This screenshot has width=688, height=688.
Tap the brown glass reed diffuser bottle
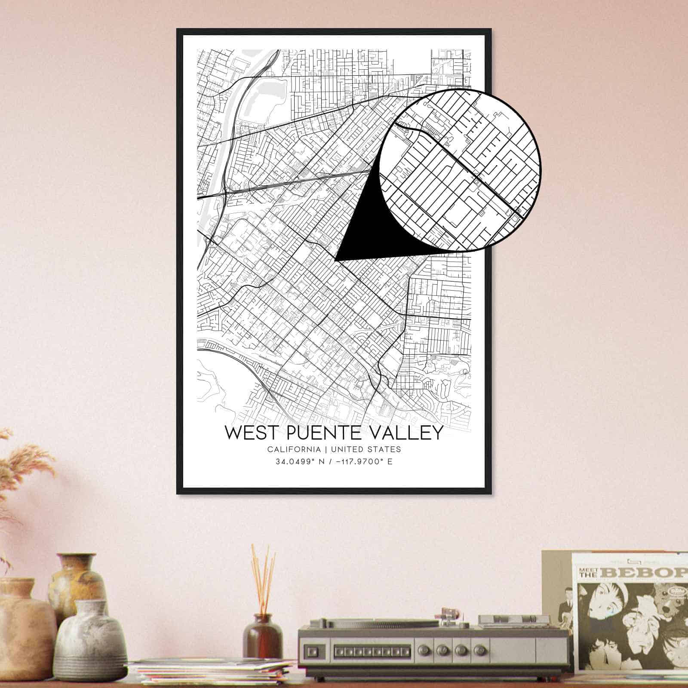coord(262,636)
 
